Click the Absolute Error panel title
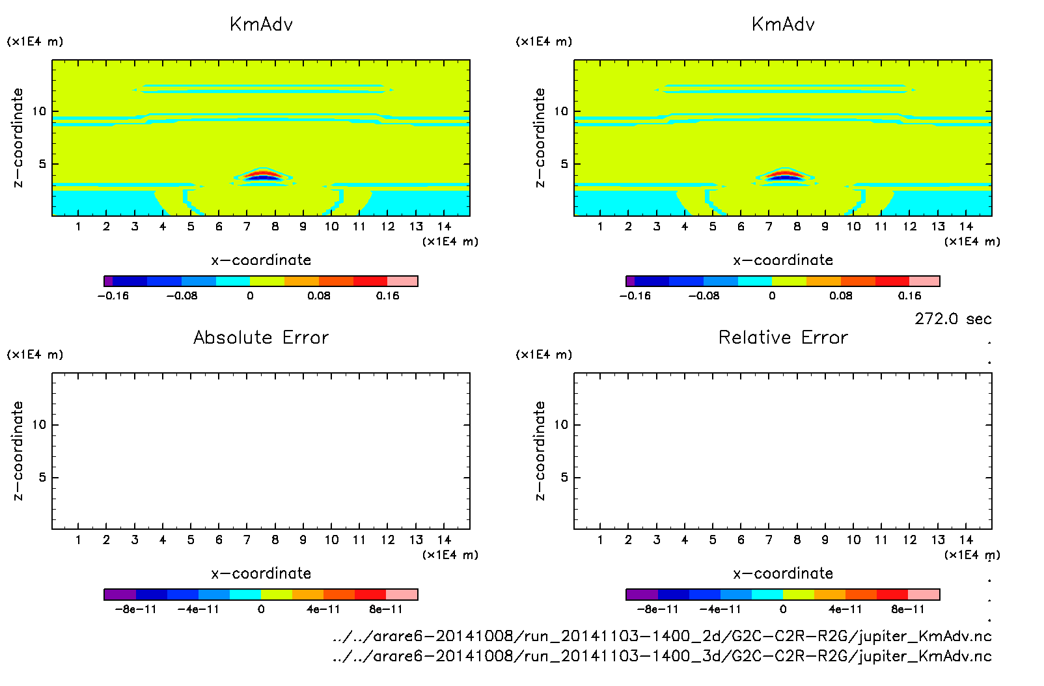click(261, 337)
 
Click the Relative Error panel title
click(783, 337)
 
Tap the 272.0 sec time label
click(953, 319)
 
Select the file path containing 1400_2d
click(662, 636)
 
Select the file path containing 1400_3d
click(662, 656)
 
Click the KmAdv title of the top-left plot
click(261, 25)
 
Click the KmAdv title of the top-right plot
click(783, 25)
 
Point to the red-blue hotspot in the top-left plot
click(263, 175)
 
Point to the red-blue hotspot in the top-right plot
click(785, 175)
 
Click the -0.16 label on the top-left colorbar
click(113, 296)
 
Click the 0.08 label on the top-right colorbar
click(840, 296)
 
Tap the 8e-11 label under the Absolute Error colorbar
click(385, 610)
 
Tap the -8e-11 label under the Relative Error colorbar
click(657, 610)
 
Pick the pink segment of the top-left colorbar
click(402, 281)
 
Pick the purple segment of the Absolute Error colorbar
click(120, 594)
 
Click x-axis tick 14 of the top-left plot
click(444, 226)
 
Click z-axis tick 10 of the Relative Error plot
click(561, 425)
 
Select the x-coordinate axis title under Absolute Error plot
click(261, 573)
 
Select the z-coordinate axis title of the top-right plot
click(540, 138)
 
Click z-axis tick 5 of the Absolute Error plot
click(42, 478)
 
